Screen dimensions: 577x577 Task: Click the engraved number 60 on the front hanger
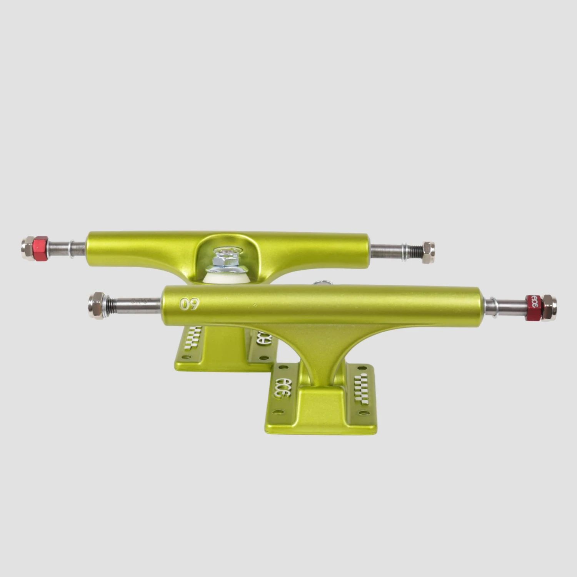tap(190, 304)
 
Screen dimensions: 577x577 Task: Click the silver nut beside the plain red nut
tap(27, 248)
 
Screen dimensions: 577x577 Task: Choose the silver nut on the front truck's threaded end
tap(97, 305)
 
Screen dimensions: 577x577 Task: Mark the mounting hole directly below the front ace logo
tap(280, 412)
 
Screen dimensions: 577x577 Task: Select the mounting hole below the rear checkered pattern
tap(187, 357)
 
